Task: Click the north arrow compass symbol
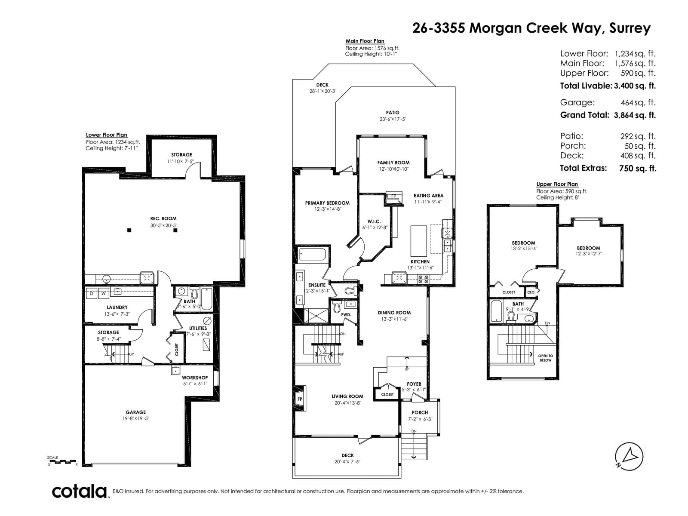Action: point(629,457)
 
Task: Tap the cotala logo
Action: point(79,491)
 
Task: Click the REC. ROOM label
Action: point(163,218)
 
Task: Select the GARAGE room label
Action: point(136,412)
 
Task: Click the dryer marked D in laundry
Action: point(92,293)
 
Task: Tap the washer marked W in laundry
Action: point(104,293)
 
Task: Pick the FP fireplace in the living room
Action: point(299,399)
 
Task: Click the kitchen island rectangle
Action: point(418,241)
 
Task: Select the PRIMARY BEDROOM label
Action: point(327,203)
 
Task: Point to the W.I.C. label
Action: point(374,221)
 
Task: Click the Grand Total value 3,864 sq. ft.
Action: point(635,115)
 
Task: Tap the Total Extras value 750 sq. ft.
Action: point(638,168)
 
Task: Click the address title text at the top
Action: point(531,28)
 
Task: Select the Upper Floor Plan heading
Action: point(557,184)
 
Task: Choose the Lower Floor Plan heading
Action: point(107,135)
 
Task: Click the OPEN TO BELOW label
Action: point(545,358)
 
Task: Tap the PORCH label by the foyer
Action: point(420,413)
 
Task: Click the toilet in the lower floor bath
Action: point(195,293)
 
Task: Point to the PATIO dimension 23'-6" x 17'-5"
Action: point(393,119)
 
